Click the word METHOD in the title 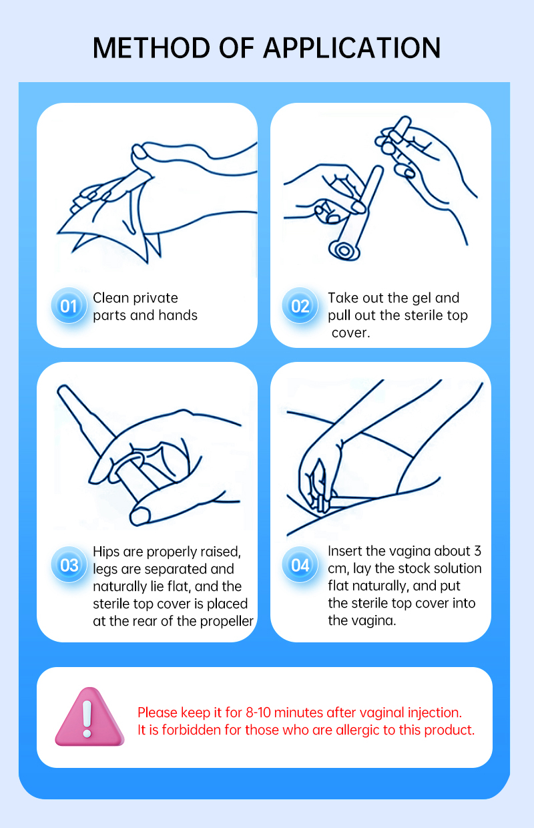(151, 48)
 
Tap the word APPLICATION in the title (352, 48)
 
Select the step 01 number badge (69, 306)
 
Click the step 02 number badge (300, 306)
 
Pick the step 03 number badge (69, 565)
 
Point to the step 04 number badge (300, 565)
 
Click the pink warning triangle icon (89, 716)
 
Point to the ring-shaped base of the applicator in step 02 (344, 251)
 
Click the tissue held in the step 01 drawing (107, 222)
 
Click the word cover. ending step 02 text (350, 333)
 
